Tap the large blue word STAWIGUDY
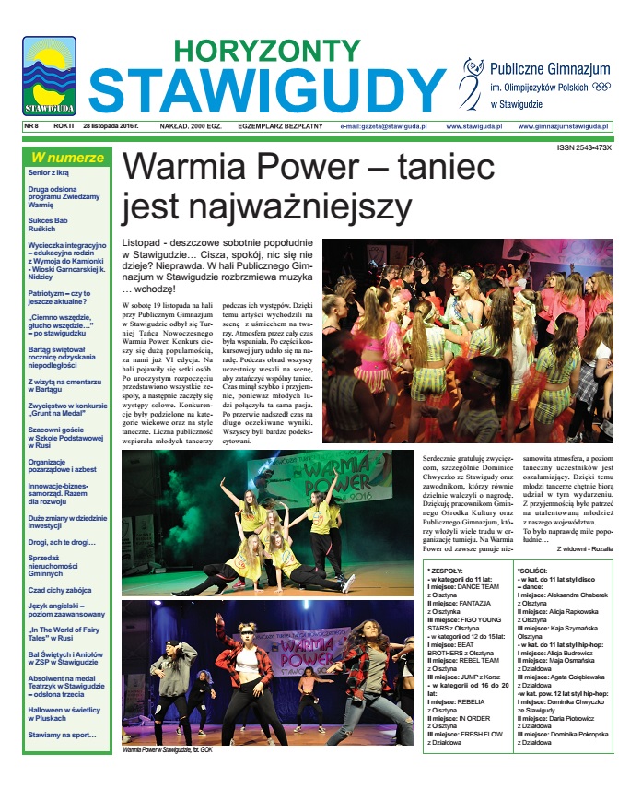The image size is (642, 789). click(x=267, y=89)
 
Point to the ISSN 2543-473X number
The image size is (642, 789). click(x=584, y=147)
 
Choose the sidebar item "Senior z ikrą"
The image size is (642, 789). click(x=49, y=172)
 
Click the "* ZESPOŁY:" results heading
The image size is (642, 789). click(x=449, y=571)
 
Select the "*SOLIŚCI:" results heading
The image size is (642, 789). click(x=537, y=571)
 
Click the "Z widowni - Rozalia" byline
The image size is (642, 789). click(x=584, y=548)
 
